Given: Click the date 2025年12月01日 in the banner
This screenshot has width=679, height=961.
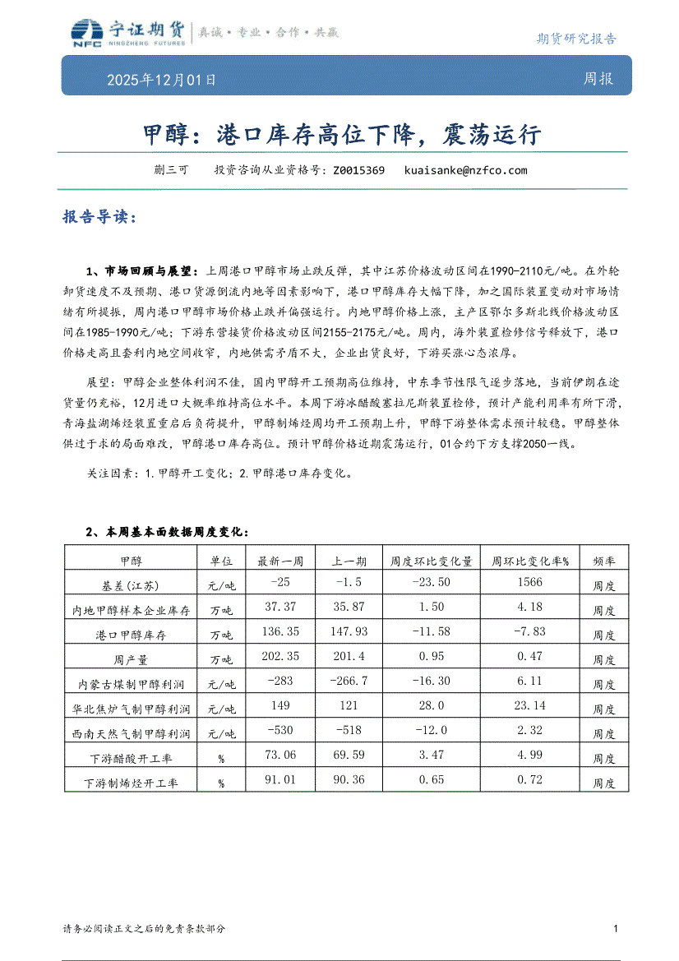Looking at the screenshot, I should [161, 81].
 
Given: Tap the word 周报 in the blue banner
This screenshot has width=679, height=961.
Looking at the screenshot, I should [598, 80].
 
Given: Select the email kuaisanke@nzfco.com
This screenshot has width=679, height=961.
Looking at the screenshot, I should [465, 171].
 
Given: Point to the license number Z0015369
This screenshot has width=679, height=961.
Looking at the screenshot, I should [358, 171].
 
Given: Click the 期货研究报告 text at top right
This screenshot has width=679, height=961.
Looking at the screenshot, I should [575, 39].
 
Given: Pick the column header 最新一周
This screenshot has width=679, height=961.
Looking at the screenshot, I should [280, 561].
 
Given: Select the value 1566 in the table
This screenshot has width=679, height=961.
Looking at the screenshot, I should [530, 583].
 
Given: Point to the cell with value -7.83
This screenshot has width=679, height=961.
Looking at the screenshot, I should [530, 632].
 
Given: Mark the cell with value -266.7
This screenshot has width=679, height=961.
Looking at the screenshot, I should [349, 681].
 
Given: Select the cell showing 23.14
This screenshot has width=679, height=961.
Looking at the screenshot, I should [530, 706].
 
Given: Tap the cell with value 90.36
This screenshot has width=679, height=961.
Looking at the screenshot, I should [349, 780].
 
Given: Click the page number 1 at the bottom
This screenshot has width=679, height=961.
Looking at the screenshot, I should [616, 928].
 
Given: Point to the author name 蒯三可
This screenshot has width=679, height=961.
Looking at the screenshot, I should [171, 171].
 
